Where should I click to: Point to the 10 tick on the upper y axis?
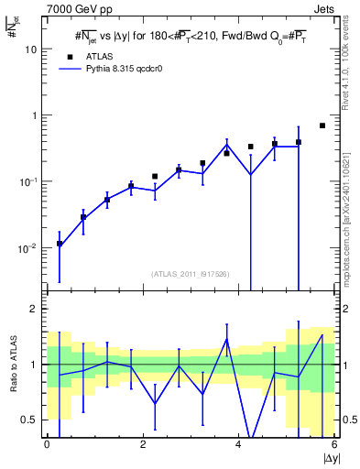click(x=31, y=49)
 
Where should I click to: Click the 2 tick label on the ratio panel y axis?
click(x=34, y=309)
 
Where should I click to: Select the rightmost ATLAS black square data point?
click(x=322, y=125)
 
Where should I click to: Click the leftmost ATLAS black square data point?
click(x=60, y=244)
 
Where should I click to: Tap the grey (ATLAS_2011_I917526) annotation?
click(x=191, y=274)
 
